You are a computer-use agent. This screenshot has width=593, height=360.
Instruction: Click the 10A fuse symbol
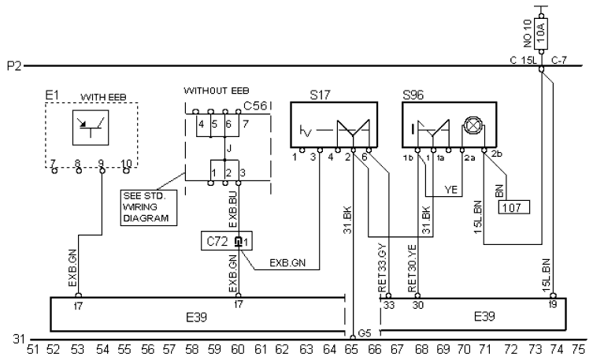coord(542,33)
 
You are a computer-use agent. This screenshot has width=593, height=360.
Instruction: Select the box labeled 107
coord(513,208)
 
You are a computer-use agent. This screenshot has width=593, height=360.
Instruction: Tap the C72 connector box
coord(227,241)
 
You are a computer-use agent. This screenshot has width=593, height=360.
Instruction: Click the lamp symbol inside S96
coord(473,125)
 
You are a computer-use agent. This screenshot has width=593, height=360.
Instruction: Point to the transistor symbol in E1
coord(91,128)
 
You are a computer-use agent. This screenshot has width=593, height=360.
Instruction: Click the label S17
coord(321,95)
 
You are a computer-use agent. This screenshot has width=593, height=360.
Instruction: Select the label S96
coord(413,95)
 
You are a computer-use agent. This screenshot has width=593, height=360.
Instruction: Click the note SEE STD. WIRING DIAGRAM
coord(149,207)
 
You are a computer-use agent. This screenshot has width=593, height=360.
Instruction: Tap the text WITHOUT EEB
coord(217,91)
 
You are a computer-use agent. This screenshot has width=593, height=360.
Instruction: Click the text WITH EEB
coord(103,97)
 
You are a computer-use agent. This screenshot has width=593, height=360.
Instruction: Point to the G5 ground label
coord(365,333)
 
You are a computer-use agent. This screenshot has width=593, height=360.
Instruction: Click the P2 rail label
coord(14,66)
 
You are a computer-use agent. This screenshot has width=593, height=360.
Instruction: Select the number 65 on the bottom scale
coord(351,350)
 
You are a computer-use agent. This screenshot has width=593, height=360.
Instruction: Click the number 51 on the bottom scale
coord(33,350)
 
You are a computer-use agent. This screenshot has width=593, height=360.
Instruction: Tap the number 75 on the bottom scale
coord(578,350)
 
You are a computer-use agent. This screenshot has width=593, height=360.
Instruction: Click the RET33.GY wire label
coord(383,267)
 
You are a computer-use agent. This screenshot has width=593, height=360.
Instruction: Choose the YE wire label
coord(450,190)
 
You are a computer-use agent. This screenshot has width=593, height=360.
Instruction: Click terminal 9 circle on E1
coord(102,171)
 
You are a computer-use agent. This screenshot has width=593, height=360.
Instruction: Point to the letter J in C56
coord(229,149)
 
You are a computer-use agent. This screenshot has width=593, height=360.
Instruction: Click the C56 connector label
coord(255,106)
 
